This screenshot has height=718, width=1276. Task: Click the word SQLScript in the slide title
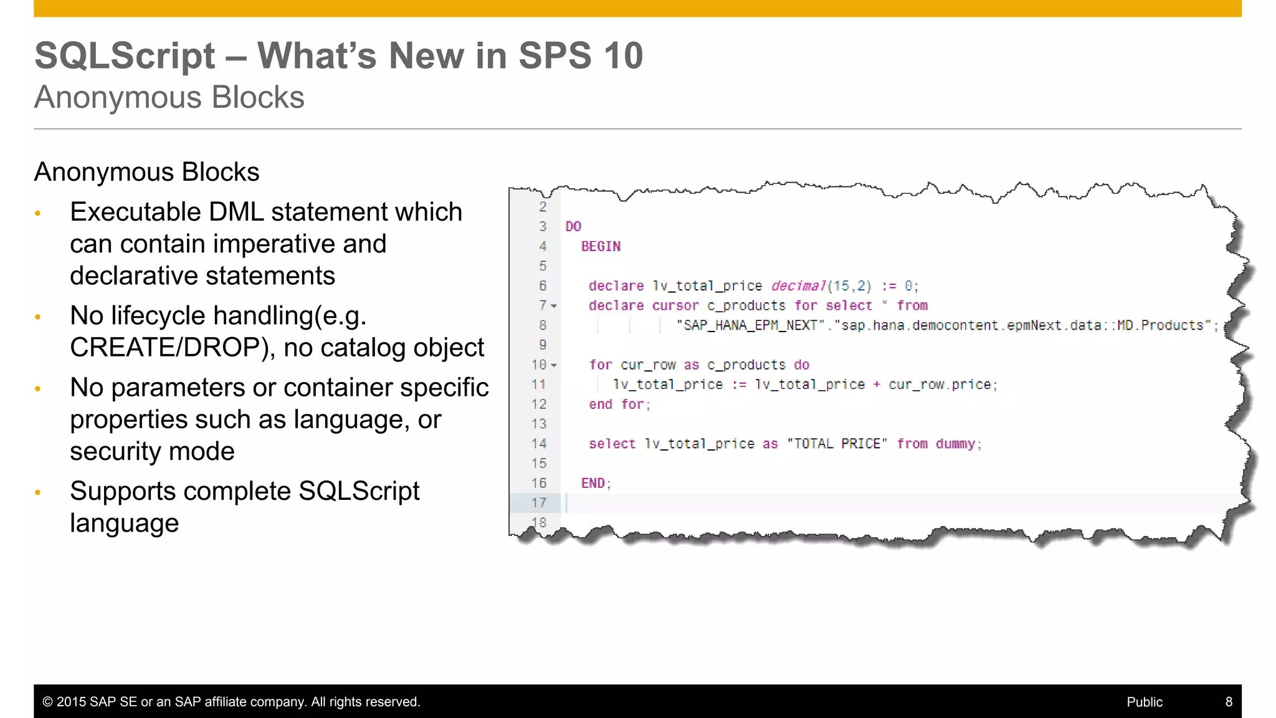(x=125, y=56)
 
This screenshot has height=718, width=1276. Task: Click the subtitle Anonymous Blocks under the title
(x=169, y=98)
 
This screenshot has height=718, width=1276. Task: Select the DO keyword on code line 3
(x=573, y=227)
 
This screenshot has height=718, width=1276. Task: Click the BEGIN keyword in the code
(x=601, y=247)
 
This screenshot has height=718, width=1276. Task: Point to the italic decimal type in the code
(x=798, y=286)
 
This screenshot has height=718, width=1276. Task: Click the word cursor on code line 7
(x=675, y=306)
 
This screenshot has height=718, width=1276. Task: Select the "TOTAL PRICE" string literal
(x=837, y=444)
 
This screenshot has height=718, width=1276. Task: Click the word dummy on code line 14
(x=955, y=444)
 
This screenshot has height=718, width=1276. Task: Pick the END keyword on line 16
(x=593, y=484)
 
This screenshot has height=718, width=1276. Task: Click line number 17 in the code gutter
(x=539, y=503)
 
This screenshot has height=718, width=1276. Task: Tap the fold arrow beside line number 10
(x=554, y=366)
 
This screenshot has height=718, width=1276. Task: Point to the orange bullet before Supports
(x=38, y=492)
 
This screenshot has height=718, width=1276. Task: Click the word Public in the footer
(x=1145, y=702)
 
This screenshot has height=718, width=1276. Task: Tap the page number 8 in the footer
(x=1229, y=702)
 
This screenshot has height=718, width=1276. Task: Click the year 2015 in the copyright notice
(x=71, y=702)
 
